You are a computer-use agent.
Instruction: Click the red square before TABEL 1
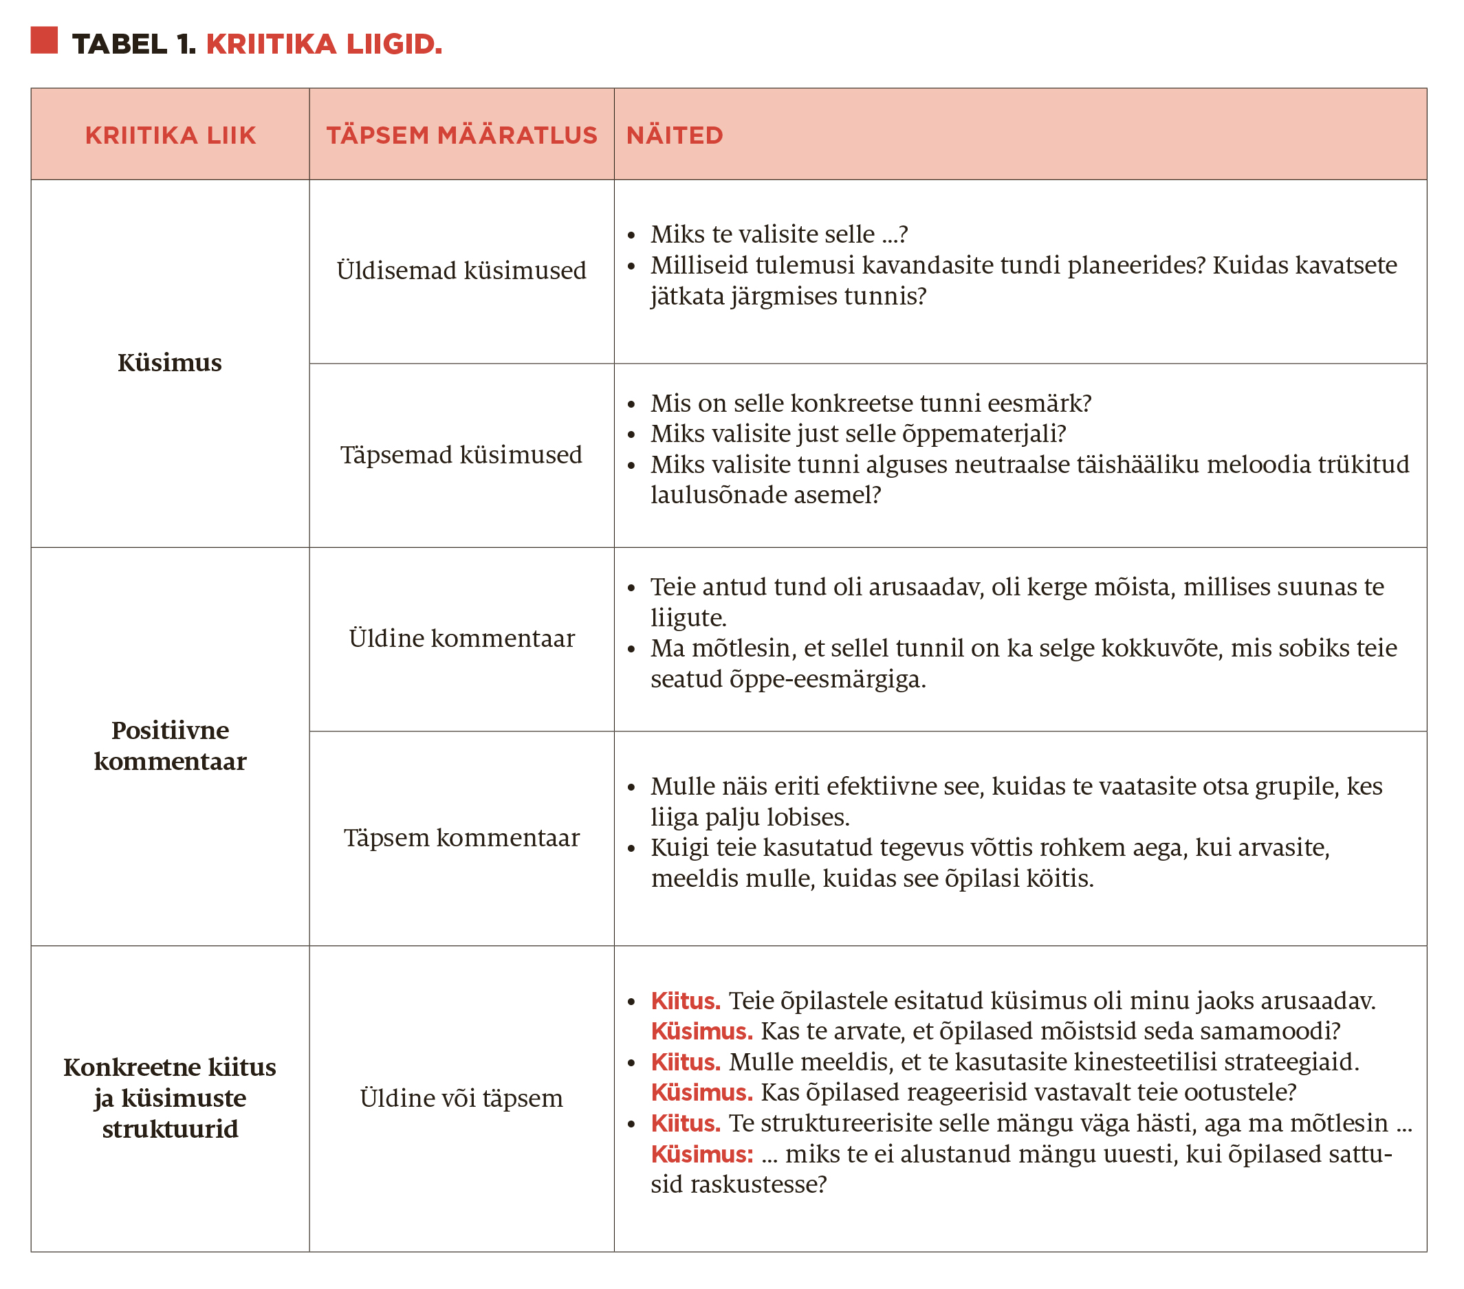click(44, 40)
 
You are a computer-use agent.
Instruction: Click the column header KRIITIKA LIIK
click(171, 135)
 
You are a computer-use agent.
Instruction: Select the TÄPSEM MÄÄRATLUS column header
click(461, 135)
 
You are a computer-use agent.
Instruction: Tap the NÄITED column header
click(675, 135)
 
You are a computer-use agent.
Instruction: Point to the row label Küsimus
click(170, 362)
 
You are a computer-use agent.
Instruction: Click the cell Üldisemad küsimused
click(461, 271)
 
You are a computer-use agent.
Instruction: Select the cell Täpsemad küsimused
click(461, 454)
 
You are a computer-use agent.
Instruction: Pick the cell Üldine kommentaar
click(461, 638)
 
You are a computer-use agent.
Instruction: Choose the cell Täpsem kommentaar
click(461, 837)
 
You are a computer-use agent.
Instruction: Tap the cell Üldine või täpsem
click(461, 1098)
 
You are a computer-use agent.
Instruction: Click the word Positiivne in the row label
click(171, 729)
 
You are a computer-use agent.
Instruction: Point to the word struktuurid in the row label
click(171, 1129)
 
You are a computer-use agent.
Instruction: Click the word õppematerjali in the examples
click(992, 434)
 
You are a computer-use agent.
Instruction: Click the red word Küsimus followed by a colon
click(702, 1154)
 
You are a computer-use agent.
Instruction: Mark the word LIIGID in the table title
click(395, 45)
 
